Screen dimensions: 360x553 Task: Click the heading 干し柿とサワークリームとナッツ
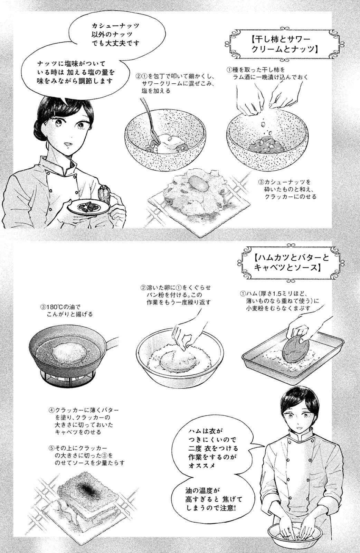[283, 45]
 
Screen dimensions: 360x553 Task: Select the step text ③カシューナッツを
[287, 189]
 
